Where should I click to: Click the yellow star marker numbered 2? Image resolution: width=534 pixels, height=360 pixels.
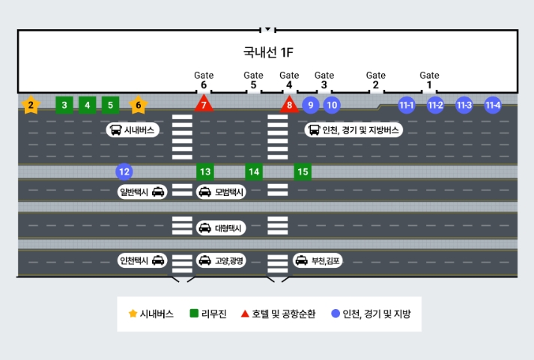[x=31, y=106]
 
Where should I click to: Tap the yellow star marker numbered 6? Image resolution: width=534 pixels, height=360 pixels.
[x=139, y=106]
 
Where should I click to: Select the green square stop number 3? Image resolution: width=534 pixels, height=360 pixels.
[x=64, y=105]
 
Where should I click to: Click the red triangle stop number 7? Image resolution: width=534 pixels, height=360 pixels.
[x=203, y=106]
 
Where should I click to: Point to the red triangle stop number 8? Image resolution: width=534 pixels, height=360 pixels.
[x=290, y=106]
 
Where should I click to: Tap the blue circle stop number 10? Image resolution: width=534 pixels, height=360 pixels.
[x=332, y=105]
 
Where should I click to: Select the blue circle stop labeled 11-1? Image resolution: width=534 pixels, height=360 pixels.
[x=407, y=105]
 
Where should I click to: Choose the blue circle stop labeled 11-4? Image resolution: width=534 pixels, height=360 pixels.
[x=492, y=105]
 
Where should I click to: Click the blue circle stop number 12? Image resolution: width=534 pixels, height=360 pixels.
[x=124, y=172]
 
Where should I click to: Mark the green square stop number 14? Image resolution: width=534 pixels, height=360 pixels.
[x=254, y=172]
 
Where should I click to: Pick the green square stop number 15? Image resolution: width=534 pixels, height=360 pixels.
[x=303, y=172]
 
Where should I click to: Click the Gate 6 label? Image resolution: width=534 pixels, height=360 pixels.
[x=204, y=80]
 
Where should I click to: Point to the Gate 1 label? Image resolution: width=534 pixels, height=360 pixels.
[x=429, y=80]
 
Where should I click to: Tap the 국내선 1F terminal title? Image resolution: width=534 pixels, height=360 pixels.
[x=267, y=52]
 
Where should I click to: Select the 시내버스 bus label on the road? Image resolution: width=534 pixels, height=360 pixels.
[x=133, y=130]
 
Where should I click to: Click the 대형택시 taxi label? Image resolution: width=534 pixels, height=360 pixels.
[x=220, y=228]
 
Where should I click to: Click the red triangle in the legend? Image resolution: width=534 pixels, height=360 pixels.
[x=246, y=314]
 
